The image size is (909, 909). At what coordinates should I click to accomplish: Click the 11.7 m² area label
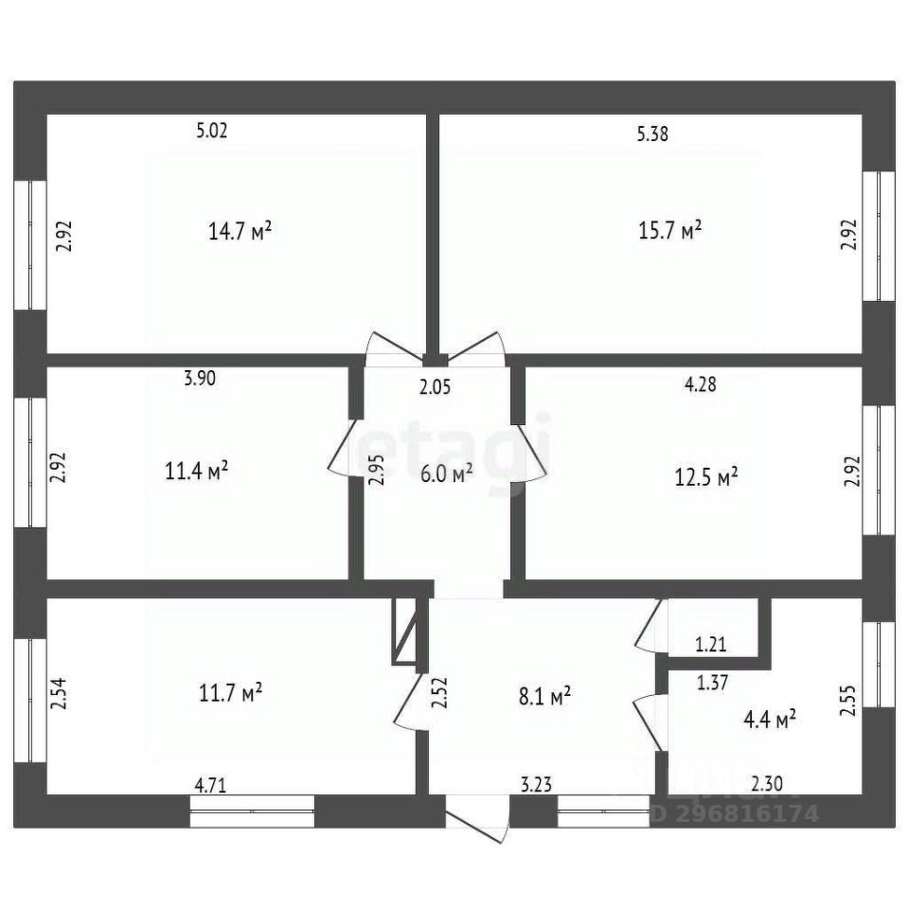click(x=230, y=694)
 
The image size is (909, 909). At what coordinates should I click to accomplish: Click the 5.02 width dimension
click(x=212, y=132)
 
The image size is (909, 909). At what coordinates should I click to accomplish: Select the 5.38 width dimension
click(x=653, y=134)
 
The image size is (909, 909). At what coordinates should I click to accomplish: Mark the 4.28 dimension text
click(x=700, y=384)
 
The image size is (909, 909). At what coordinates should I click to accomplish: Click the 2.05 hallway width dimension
click(x=437, y=385)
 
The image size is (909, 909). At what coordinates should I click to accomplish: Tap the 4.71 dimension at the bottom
click(x=210, y=784)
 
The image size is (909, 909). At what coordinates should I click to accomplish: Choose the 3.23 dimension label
click(x=538, y=784)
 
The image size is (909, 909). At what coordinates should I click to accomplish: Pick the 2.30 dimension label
click(x=766, y=784)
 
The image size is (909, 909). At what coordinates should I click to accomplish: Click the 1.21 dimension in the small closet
click(x=710, y=646)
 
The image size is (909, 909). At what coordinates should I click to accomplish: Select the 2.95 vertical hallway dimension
click(x=377, y=471)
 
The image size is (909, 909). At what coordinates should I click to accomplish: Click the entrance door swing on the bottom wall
click(x=477, y=822)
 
